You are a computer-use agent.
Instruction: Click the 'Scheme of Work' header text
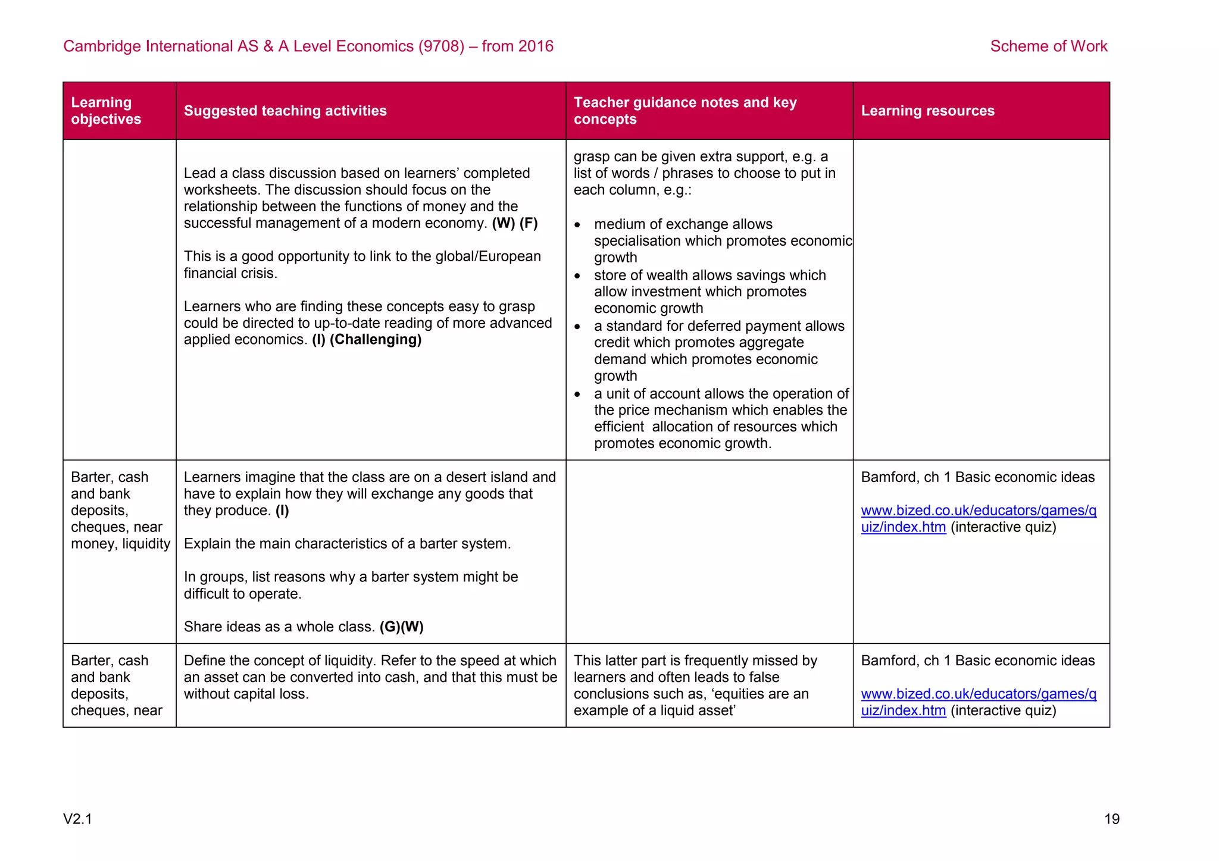(1048, 46)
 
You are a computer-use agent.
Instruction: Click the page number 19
(1111, 819)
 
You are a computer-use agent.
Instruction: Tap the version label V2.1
(77, 819)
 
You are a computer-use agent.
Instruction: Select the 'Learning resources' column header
(927, 111)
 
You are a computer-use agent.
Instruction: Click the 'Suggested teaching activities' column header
(285, 111)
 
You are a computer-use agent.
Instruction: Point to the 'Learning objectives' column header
(106, 111)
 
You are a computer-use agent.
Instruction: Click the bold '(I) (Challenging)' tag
(367, 340)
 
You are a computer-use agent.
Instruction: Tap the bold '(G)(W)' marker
(401, 627)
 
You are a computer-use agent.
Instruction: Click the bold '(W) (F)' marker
(514, 224)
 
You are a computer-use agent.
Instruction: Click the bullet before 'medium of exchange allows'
(577, 225)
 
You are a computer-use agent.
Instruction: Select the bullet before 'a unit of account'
(577, 395)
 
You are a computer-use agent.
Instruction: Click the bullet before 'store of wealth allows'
(577, 276)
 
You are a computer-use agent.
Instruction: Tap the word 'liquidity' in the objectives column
(146, 544)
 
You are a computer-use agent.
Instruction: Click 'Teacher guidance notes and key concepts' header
(684, 111)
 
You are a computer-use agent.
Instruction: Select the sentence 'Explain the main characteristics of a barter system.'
(347, 544)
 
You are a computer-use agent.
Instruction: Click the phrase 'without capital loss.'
(246, 694)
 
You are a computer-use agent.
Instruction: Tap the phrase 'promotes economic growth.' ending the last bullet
(682, 444)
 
